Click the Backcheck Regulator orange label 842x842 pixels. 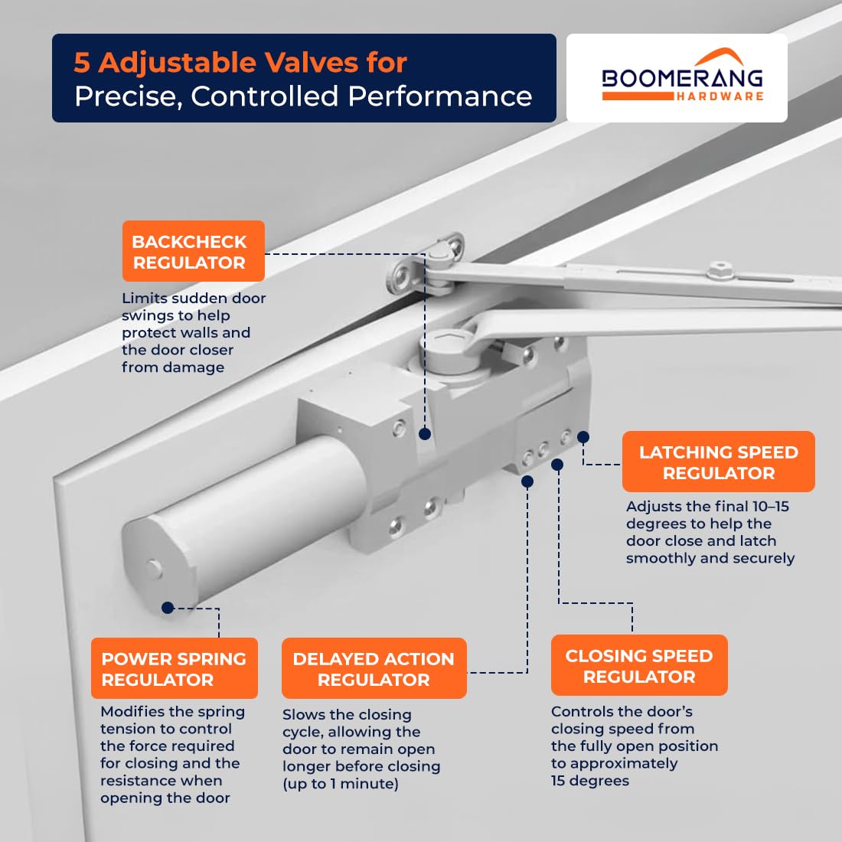coord(194,251)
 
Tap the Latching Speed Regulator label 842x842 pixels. coord(719,462)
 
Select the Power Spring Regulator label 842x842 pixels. coord(175,668)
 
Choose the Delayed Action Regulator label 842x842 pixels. coord(374,668)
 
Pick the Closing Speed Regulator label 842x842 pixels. coord(639,665)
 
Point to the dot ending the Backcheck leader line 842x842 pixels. coord(425,434)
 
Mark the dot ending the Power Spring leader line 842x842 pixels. coord(168,608)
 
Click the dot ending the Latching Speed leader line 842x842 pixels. coord(583,438)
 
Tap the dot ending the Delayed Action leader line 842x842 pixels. coord(527,481)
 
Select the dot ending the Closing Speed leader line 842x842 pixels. coord(557,465)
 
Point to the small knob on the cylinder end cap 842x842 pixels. coord(154,568)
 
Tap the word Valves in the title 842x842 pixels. coord(312,62)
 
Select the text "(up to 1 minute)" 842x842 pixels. coord(341,784)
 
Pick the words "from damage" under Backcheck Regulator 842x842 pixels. coord(173,367)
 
